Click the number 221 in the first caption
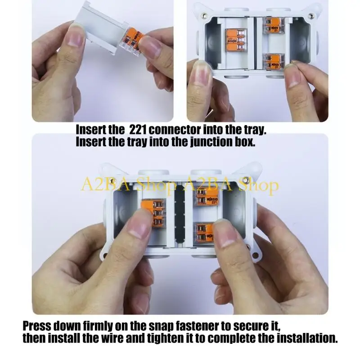point(137,130)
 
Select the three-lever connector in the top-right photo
point(236,41)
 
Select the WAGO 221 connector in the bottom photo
point(207,198)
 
